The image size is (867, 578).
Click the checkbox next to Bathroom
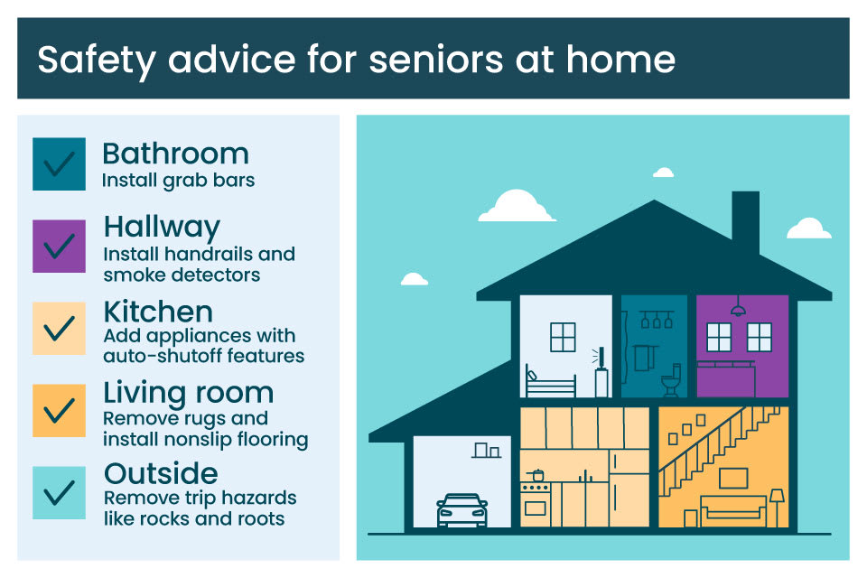point(59,163)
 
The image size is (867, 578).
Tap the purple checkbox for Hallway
point(59,246)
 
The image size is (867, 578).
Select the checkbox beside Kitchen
point(59,328)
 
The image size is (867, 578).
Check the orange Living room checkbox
point(59,410)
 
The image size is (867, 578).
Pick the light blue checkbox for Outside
point(59,492)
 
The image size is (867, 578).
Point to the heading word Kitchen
point(158,312)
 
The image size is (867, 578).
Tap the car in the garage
point(461,510)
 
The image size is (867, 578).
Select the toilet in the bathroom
point(670,383)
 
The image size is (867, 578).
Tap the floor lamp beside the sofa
point(777,506)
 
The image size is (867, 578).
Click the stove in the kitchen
point(536,502)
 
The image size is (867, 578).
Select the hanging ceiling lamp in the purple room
point(738,309)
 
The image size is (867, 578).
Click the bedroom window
point(563,337)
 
